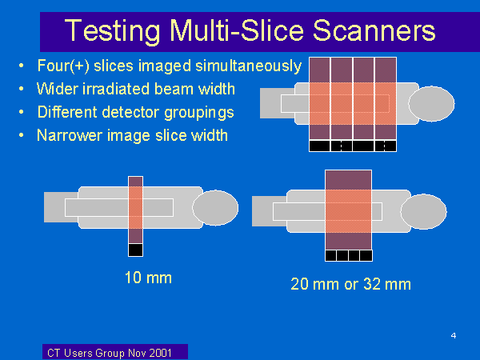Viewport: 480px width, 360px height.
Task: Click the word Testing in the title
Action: click(112, 31)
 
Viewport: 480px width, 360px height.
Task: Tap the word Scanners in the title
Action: click(374, 30)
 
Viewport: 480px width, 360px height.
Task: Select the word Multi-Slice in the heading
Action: click(237, 30)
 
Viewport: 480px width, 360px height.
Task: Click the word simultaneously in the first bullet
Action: click(249, 66)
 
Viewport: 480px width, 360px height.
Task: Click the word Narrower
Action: click(70, 135)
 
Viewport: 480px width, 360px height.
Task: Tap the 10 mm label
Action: click(148, 278)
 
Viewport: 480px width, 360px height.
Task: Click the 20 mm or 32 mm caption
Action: click(350, 284)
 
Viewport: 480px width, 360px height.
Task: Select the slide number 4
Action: click(454, 335)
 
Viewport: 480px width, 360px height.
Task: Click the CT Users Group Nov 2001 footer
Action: click(110, 353)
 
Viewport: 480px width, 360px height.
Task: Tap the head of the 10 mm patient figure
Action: click(215, 208)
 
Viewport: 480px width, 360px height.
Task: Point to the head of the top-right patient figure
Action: click(431, 104)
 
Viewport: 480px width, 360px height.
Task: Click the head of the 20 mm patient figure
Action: click(423, 211)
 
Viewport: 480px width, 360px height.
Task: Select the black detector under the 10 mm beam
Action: click(135, 250)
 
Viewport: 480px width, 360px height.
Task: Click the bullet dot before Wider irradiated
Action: click(21, 89)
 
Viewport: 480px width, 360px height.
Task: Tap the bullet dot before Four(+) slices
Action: click(21, 66)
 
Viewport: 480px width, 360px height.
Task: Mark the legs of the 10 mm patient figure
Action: click(62, 207)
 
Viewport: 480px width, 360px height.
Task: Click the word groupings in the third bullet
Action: click(199, 113)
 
